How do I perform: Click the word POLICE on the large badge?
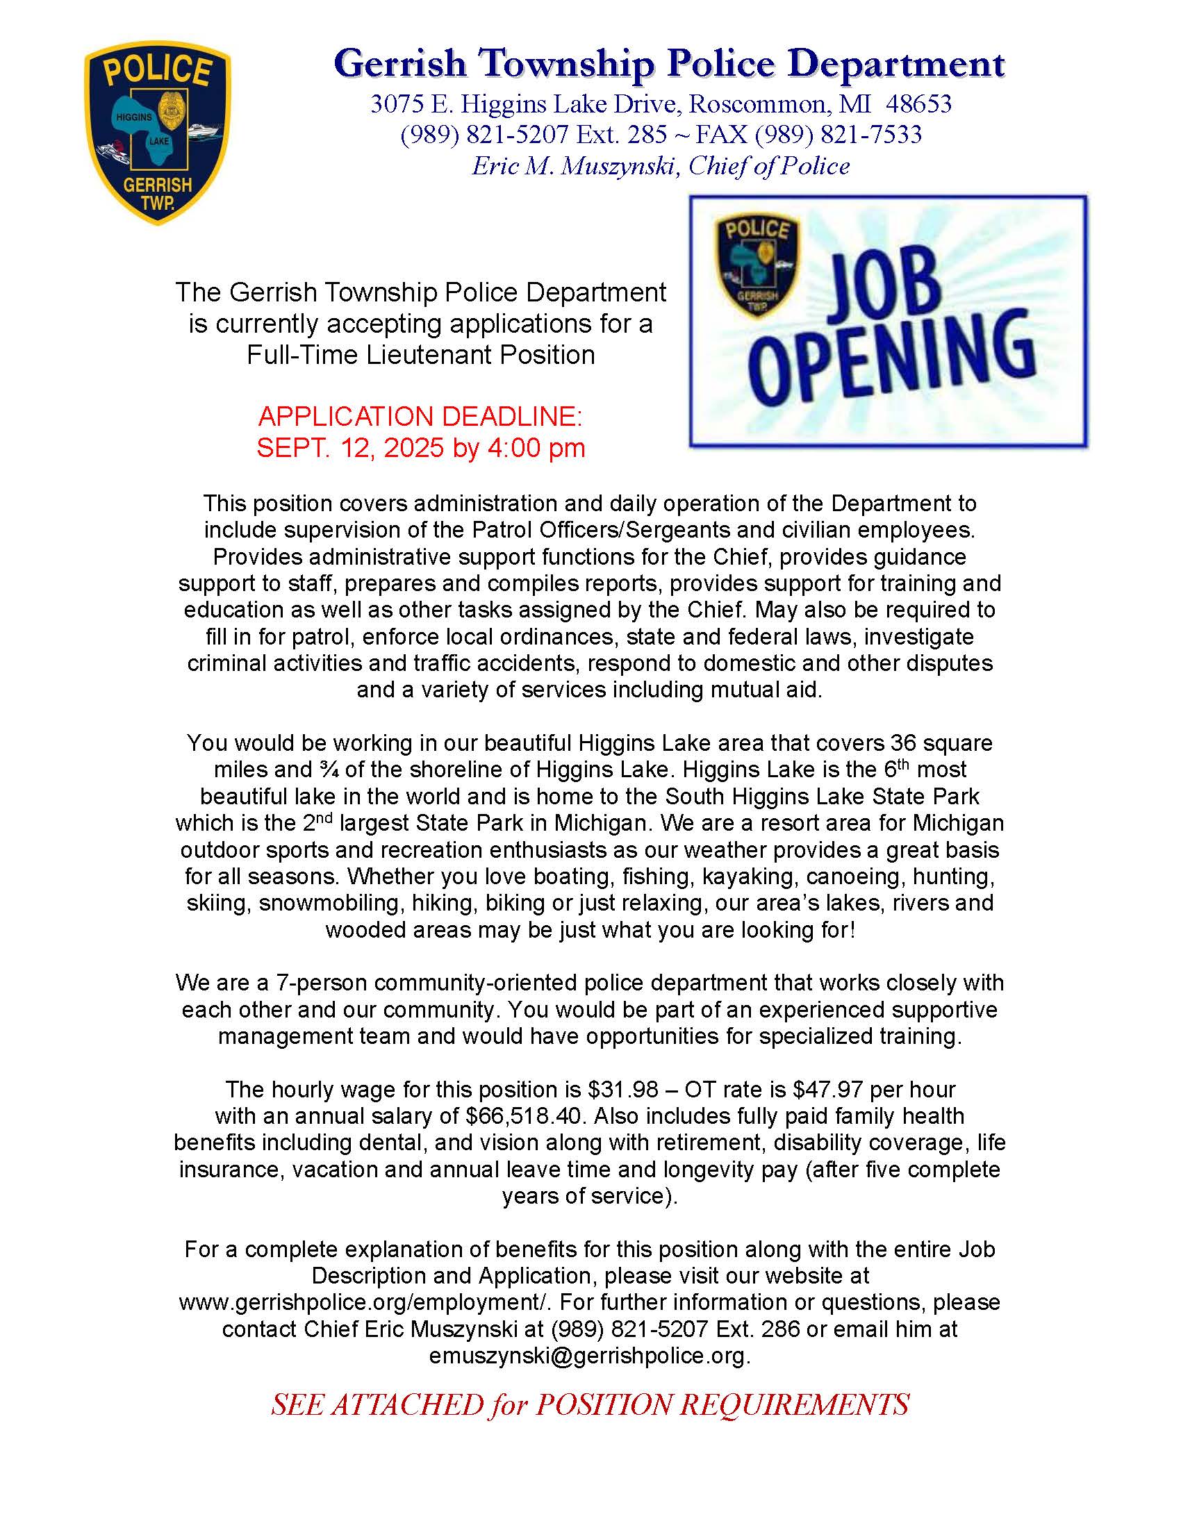(x=158, y=72)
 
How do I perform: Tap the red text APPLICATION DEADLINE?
(x=420, y=417)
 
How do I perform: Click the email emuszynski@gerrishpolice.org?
(x=589, y=1356)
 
